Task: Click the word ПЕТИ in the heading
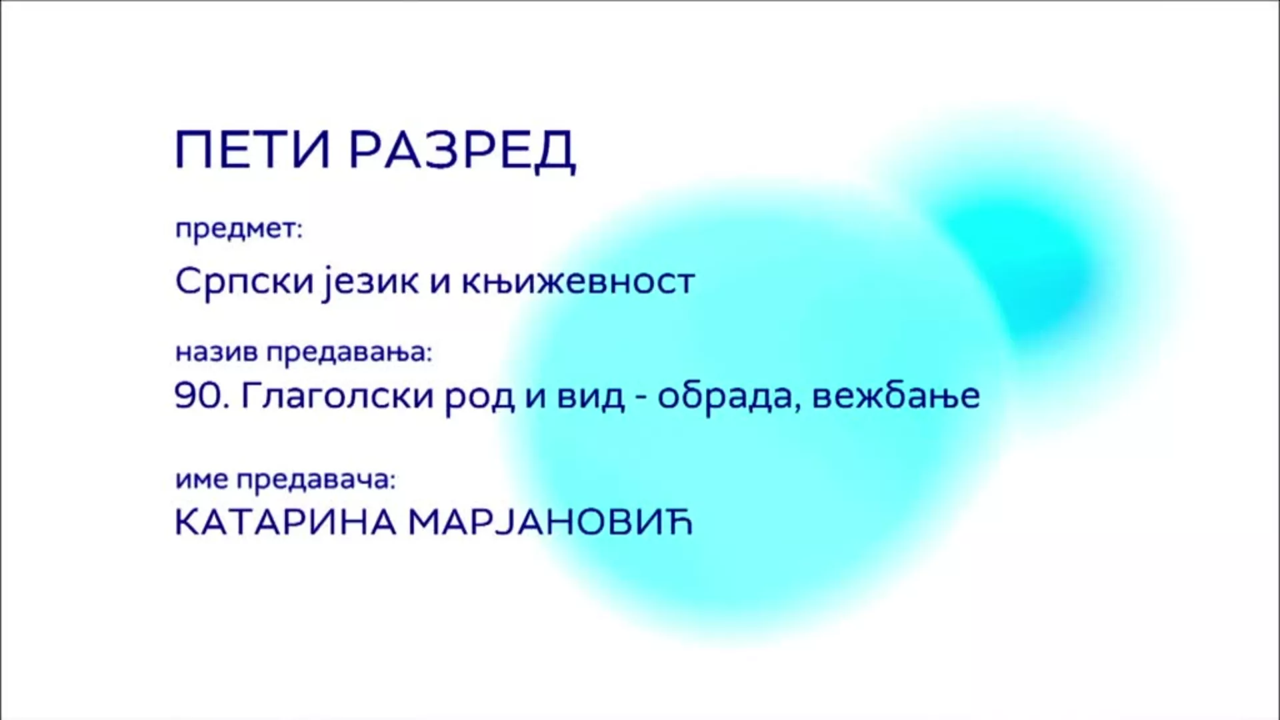coord(253,150)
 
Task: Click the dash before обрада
coord(641,399)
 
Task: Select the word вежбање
coord(897,396)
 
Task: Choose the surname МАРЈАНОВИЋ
coord(551,523)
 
